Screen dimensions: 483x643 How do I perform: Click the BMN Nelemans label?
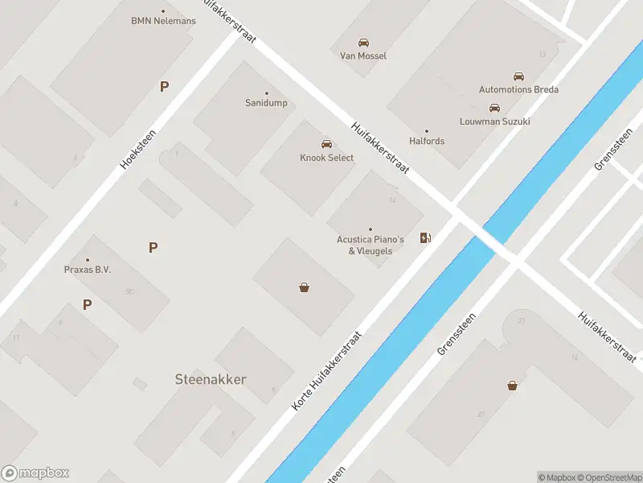[x=163, y=21]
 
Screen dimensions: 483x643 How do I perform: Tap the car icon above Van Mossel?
[x=363, y=43]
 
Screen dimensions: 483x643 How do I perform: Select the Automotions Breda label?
[x=518, y=89]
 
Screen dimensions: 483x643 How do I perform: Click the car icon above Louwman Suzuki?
[x=494, y=108]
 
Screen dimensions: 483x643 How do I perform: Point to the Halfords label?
[x=427, y=141]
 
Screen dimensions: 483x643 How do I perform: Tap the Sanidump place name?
[x=266, y=103]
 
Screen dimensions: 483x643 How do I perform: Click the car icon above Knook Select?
[x=326, y=144]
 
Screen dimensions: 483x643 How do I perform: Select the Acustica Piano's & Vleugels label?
[x=370, y=245]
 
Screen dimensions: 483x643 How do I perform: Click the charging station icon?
[x=426, y=237]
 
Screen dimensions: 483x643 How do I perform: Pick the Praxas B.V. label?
[x=88, y=270]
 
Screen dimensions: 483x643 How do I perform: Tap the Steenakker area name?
[x=211, y=379]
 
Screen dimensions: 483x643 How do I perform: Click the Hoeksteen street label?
[x=137, y=150]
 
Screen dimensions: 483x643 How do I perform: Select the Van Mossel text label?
[x=363, y=56]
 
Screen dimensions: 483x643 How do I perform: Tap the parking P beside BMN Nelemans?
[x=164, y=86]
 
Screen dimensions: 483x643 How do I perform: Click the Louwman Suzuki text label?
[x=494, y=122]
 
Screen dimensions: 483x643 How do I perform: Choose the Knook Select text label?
[x=326, y=158]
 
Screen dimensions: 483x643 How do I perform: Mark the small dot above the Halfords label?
[x=427, y=131]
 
